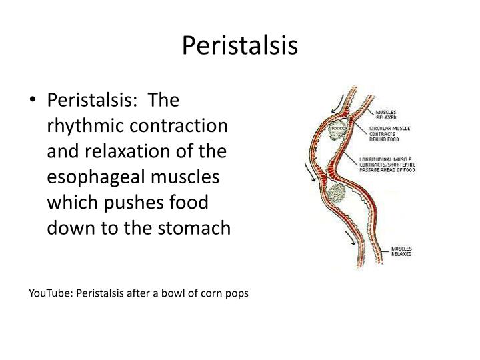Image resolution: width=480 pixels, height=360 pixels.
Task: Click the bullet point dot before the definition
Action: [35, 101]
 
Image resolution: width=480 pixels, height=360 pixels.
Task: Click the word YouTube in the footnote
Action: [53, 293]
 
